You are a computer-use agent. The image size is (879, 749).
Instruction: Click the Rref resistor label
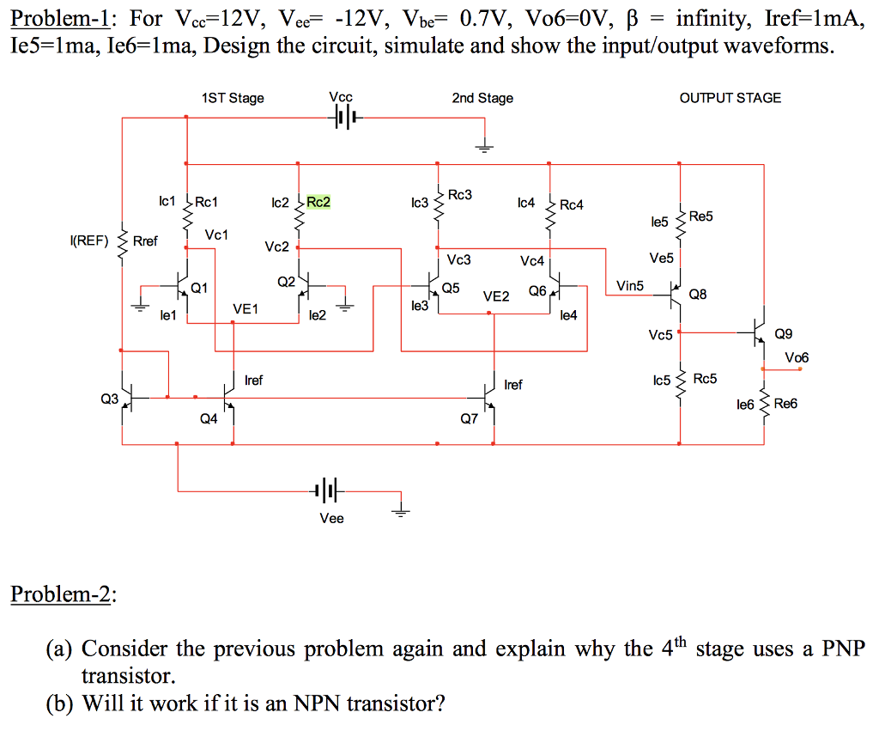145,241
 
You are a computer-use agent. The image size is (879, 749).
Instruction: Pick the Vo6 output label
796,357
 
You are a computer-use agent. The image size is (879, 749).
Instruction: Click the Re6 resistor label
785,403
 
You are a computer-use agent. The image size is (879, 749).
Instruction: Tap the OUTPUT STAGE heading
730,98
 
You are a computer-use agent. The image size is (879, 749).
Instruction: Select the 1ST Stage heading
233,98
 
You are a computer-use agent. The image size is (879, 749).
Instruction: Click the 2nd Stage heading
482,98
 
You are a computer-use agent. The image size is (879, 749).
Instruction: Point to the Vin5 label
629,285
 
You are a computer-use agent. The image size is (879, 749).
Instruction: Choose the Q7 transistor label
470,420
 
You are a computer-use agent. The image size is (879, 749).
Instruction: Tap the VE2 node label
496,296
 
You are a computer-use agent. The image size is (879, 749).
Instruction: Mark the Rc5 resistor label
706,379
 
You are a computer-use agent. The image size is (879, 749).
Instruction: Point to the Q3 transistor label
109,399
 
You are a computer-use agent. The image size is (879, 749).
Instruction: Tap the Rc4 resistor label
571,204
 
